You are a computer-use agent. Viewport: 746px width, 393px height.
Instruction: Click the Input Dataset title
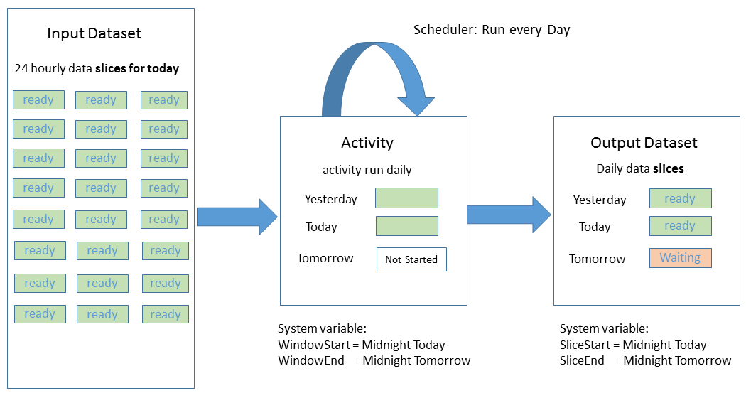(94, 33)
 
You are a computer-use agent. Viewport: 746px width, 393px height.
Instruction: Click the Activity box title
(367, 143)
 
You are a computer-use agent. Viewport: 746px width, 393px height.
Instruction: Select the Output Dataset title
(644, 143)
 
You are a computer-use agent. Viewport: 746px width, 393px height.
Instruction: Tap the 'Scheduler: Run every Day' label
(492, 30)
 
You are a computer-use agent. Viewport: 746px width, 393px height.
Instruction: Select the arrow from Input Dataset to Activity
(237, 217)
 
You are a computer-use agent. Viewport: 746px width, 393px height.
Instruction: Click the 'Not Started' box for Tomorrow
(411, 259)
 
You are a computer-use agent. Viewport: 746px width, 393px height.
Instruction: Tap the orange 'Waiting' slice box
(680, 258)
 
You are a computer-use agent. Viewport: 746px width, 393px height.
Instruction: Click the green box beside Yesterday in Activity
(406, 198)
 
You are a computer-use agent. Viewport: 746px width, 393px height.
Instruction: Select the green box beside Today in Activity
(406, 226)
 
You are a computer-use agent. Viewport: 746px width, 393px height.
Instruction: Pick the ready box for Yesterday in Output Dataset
(680, 198)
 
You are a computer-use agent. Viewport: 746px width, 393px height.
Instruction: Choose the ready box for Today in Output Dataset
(680, 226)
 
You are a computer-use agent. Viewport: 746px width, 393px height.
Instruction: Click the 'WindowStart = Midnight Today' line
(361, 345)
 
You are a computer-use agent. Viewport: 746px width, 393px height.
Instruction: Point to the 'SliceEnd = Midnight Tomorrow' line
(645, 360)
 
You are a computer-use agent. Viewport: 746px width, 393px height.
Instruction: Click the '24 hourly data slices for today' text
(97, 69)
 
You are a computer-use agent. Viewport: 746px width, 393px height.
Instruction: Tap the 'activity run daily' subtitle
(367, 170)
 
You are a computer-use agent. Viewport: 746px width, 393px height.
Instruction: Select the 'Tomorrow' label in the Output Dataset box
(597, 259)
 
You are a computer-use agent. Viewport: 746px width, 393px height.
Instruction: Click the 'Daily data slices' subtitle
(639, 168)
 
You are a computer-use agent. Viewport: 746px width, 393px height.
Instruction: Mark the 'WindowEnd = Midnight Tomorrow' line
(374, 360)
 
